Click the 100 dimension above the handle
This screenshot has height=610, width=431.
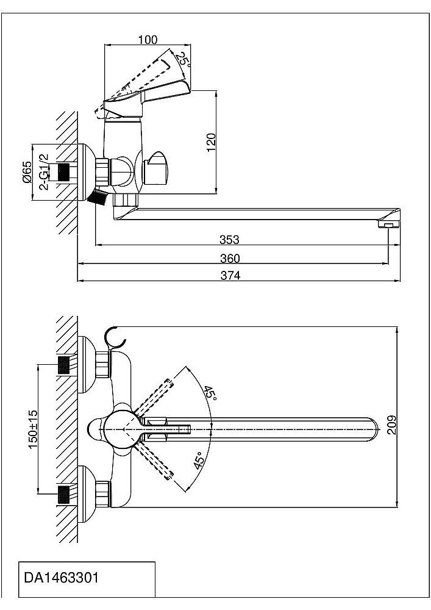click(148, 40)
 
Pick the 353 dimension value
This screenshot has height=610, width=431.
click(230, 240)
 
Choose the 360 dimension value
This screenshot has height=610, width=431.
click(230, 259)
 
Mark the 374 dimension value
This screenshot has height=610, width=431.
click(230, 275)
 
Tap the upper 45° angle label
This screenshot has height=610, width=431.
click(210, 393)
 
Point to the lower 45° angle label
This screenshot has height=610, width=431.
click(198, 462)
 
